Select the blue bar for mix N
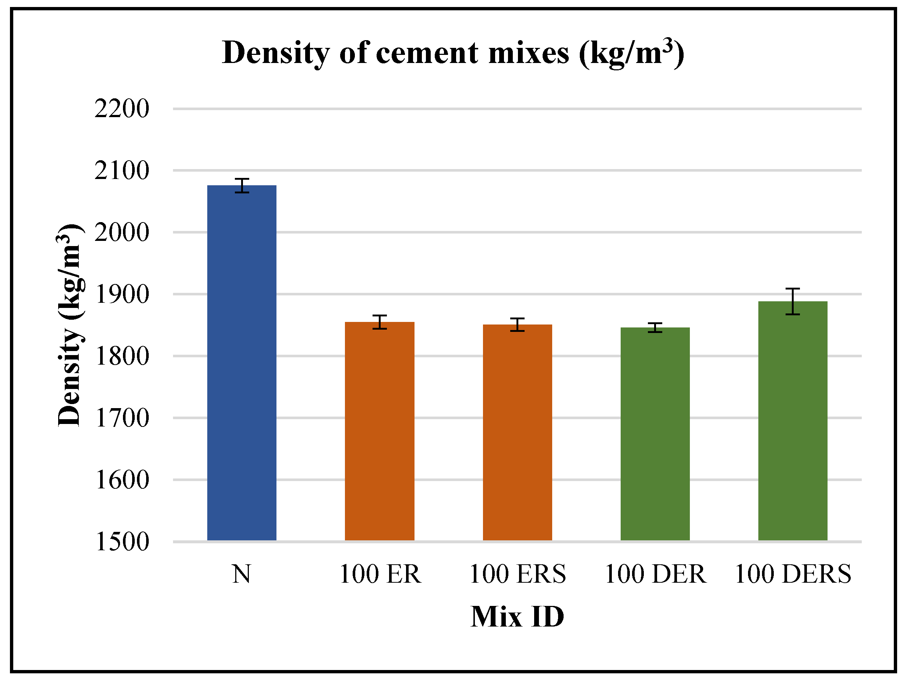pos(241,362)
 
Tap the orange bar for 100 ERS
pos(517,432)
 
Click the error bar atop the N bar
pos(242,186)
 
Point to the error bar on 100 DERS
pos(792,302)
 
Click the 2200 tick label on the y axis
pos(122,109)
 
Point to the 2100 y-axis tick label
pos(122,171)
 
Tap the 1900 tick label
pos(122,295)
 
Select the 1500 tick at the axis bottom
pos(122,541)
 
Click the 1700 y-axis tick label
pos(122,418)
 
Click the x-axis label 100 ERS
pos(517,574)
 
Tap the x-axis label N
pos(241,574)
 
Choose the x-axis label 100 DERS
pos(792,574)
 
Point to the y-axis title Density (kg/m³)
pos(70,325)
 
